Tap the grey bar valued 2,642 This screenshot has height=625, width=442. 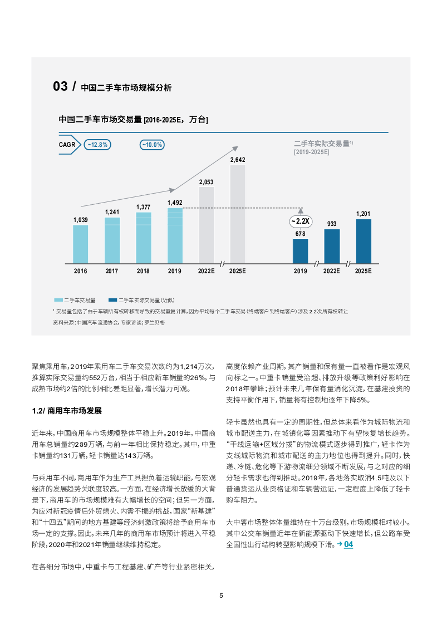(238, 214)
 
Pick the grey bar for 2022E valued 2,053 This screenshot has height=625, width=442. (207, 225)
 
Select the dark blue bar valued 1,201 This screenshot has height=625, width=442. (364, 240)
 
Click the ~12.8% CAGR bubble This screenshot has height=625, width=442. (97, 145)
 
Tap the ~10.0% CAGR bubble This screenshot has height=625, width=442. (151, 145)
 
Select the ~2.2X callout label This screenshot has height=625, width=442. (301, 221)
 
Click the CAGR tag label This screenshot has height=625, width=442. (68, 145)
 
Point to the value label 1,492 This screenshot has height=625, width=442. (175, 203)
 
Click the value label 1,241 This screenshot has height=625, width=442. (112, 212)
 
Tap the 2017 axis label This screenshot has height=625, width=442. (112, 271)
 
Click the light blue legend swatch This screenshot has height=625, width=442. (58, 299)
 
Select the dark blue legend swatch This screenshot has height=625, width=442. (113, 299)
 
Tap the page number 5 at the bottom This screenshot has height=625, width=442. (221, 595)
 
